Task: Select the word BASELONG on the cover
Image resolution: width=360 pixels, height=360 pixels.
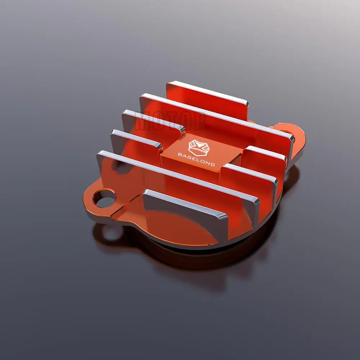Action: pyautogui.click(x=197, y=159)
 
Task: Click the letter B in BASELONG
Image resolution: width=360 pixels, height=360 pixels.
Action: pyautogui.click(x=180, y=154)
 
